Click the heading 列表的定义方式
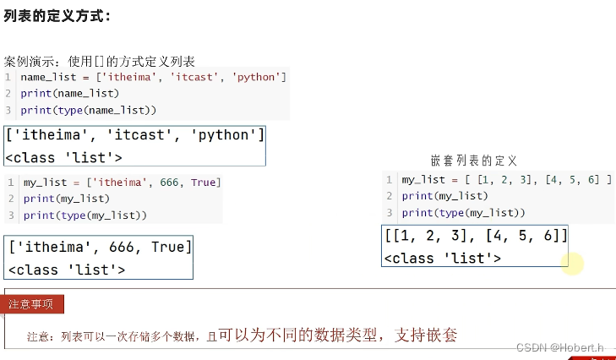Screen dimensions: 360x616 click(57, 16)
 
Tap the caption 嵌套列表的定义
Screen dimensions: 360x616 click(473, 160)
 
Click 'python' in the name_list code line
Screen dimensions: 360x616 click(258, 77)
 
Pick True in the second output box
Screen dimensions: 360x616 click(169, 248)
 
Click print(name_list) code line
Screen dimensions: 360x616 click(70, 93)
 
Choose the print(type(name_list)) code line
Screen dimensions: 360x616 click(89, 110)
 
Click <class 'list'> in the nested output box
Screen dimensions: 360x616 click(442, 258)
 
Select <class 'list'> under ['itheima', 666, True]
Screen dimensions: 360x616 click(67, 270)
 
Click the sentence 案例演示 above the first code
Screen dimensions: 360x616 click(100, 61)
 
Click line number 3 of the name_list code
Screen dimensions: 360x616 click(8, 110)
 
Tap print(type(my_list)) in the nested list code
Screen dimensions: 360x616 click(463, 212)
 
